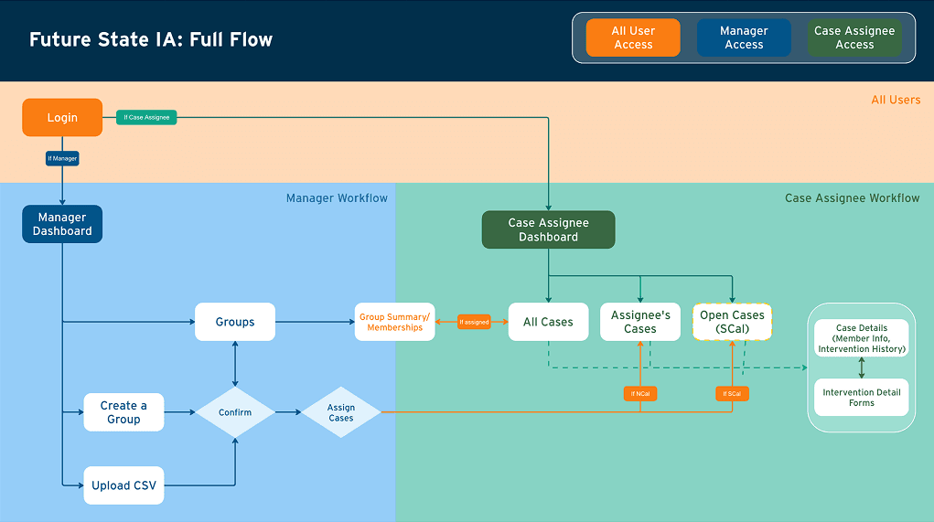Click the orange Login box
pyautogui.click(x=62, y=118)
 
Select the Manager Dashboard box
pyautogui.click(x=62, y=224)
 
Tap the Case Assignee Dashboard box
pyautogui.click(x=548, y=230)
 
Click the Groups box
pyautogui.click(x=235, y=322)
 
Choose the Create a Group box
pyautogui.click(x=123, y=412)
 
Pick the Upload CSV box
pyautogui.click(x=123, y=485)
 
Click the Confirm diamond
pyautogui.click(x=235, y=412)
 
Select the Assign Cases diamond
pyautogui.click(x=341, y=412)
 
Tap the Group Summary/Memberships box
pyautogui.click(x=394, y=322)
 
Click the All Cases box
pyautogui.click(x=548, y=322)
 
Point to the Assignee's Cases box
pyautogui.click(x=640, y=322)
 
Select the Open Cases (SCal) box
pyautogui.click(x=732, y=322)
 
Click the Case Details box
pyautogui.click(x=862, y=338)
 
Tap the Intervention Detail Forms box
pyautogui.click(x=862, y=398)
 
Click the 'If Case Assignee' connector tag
pyautogui.click(x=146, y=117)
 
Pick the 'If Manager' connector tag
pyautogui.click(x=62, y=158)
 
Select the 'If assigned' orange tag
pyautogui.click(x=474, y=322)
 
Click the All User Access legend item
pyautogui.click(x=633, y=37)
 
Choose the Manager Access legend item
pyautogui.click(x=744, y=37)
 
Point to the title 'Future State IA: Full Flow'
pyautogui.click(x=151, y=39)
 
